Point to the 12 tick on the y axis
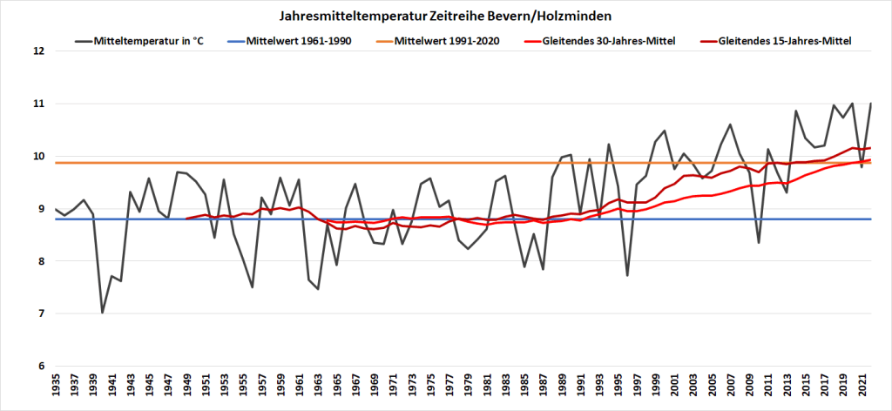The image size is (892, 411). (x=37, y=51)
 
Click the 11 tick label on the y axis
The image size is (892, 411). (x=37, y=104)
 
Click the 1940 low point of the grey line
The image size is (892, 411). (x=103, y=313)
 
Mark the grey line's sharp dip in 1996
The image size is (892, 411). (x=627, y=275)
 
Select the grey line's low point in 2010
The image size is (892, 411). (x=759, y=242)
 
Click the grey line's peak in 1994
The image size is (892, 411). (x=609, y=145)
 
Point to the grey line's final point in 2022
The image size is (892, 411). (x=871, y=104)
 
